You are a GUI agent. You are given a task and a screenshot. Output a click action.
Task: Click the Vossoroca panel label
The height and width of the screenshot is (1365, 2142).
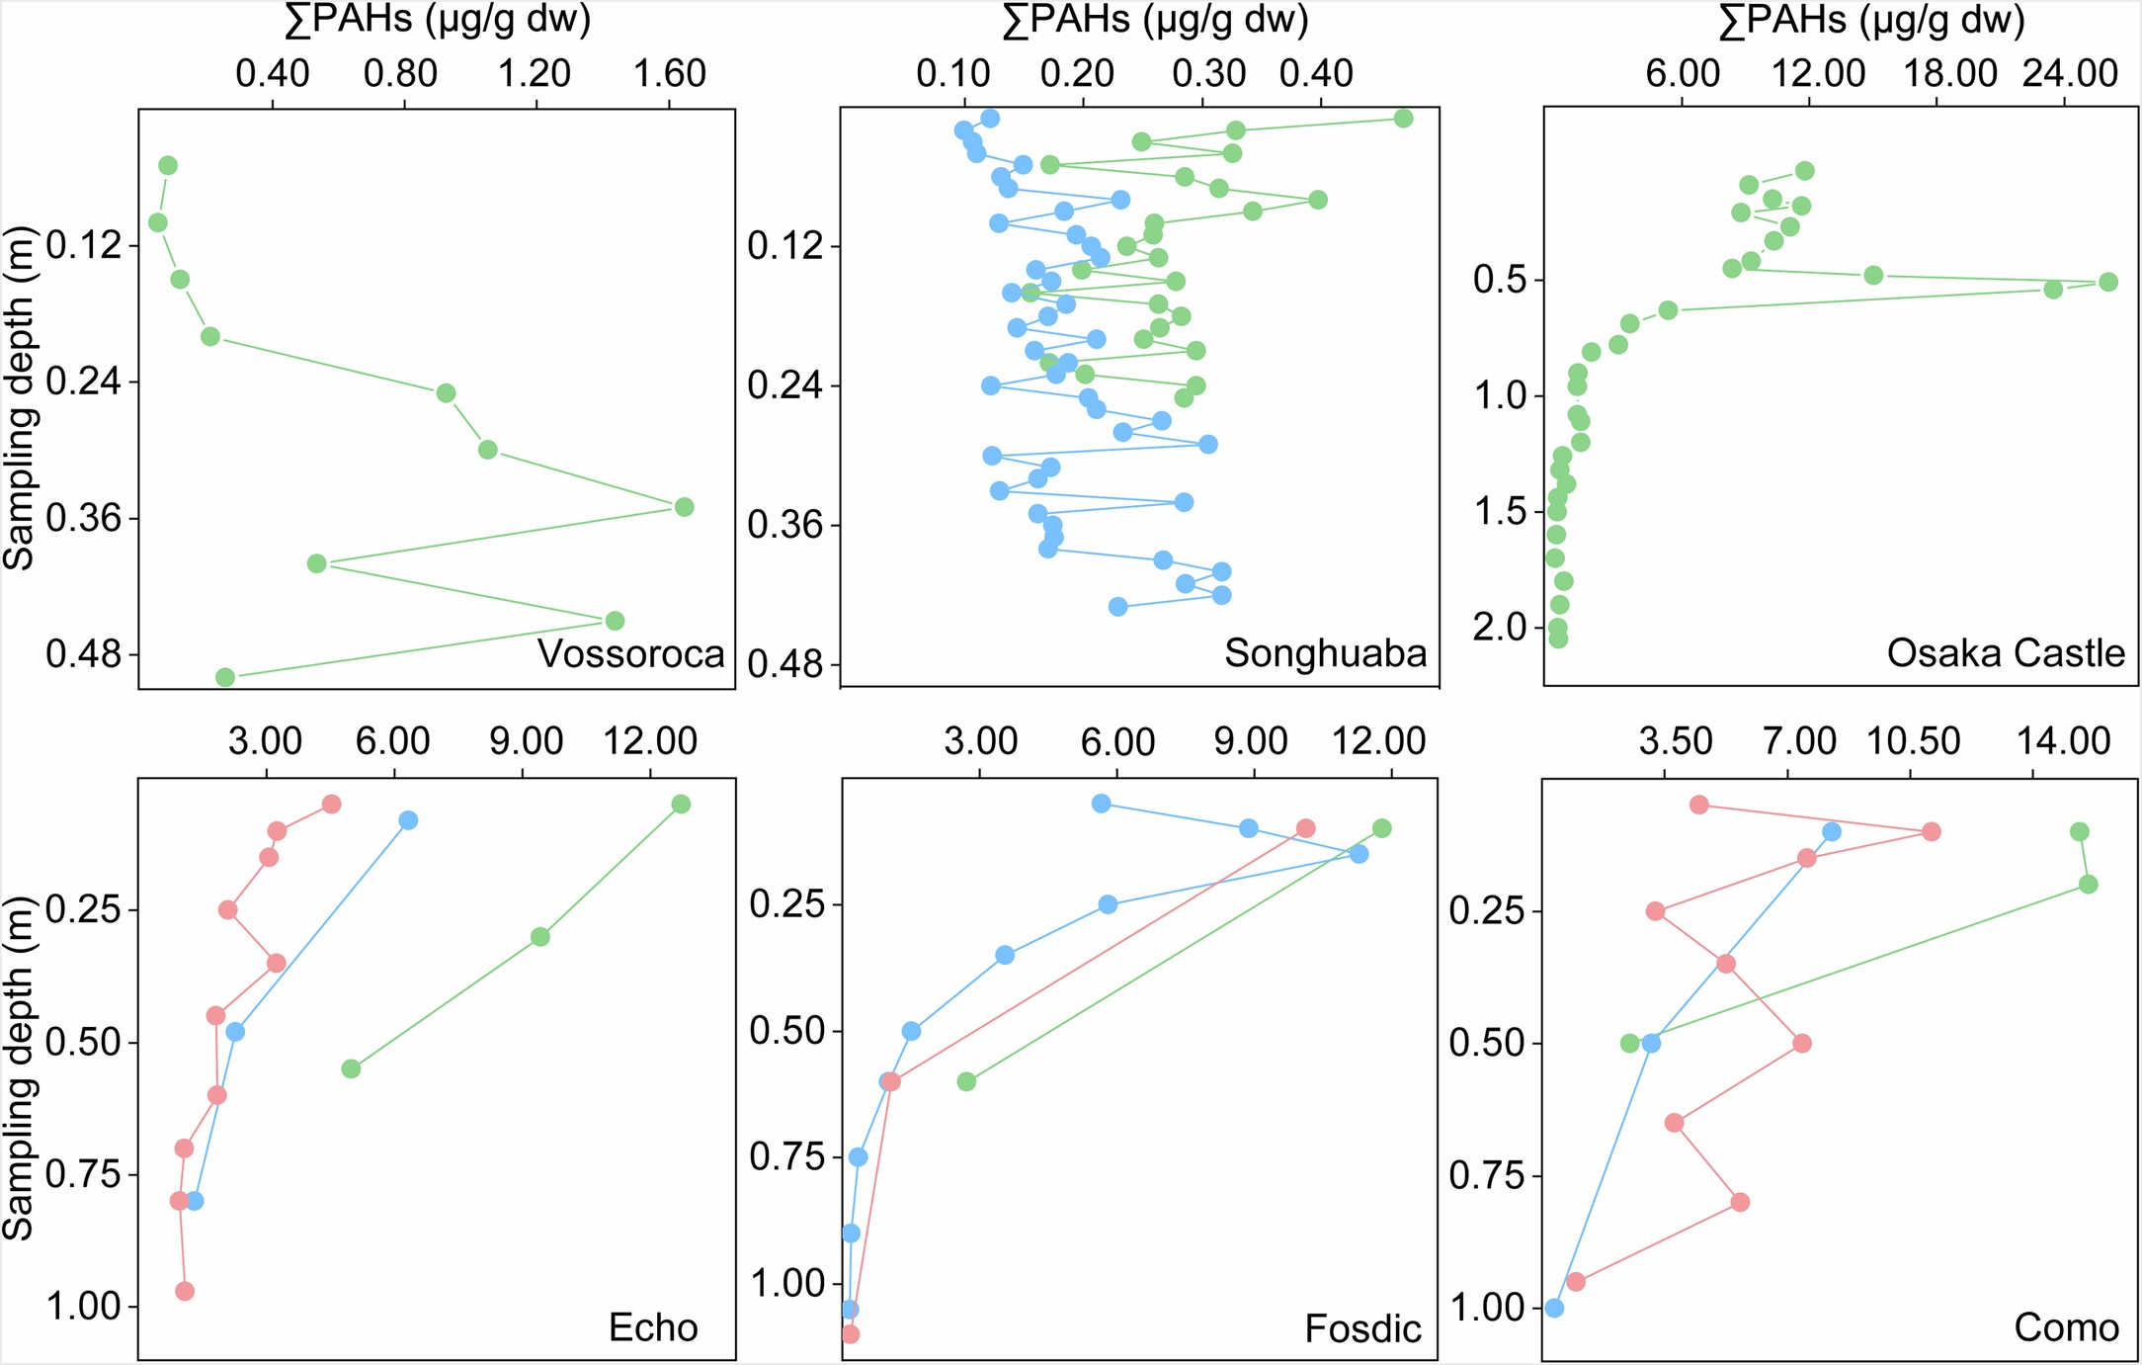tap(630, 654)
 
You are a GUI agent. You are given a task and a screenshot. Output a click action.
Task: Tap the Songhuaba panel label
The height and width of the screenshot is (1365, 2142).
tap(1325, 653)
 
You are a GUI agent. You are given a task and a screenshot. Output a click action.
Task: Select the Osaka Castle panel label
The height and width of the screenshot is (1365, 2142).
tap(2005, 653)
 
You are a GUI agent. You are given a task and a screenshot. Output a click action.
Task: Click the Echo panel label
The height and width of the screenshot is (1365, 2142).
tap(653, 1327)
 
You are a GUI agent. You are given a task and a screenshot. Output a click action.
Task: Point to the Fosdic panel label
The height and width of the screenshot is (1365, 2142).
tap(1362, 1328)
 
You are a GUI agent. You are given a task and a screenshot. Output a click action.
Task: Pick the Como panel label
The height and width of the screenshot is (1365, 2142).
tap(2066, 1327)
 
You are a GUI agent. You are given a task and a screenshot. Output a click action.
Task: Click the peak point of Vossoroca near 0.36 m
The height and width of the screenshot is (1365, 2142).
tap(684, 507)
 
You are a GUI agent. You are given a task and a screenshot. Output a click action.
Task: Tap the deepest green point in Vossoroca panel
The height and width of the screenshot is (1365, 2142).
tap(225, 677)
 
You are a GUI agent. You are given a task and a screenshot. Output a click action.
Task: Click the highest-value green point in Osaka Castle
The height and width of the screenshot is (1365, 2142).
tap(2107, 282)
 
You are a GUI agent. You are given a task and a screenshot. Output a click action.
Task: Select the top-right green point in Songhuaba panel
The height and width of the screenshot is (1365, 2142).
tap(1403, 119)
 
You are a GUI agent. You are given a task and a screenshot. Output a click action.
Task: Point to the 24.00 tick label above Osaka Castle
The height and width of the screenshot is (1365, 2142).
tap(2069, 73)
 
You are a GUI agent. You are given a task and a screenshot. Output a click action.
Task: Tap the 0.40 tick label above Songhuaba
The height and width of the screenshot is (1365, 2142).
tap(1316, 74)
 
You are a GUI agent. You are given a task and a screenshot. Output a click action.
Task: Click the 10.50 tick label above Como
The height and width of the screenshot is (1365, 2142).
tap(1912, 741)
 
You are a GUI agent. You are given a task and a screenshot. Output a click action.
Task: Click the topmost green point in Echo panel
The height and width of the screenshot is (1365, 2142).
tap(680, 805)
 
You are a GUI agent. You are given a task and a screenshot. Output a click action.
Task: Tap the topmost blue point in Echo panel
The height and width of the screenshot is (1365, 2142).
tap(408, 820)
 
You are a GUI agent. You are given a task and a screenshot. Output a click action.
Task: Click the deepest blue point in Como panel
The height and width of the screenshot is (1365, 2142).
tap(1554, 1308)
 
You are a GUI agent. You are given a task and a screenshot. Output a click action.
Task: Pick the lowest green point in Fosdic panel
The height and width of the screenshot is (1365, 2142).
tap(966, 1082)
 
